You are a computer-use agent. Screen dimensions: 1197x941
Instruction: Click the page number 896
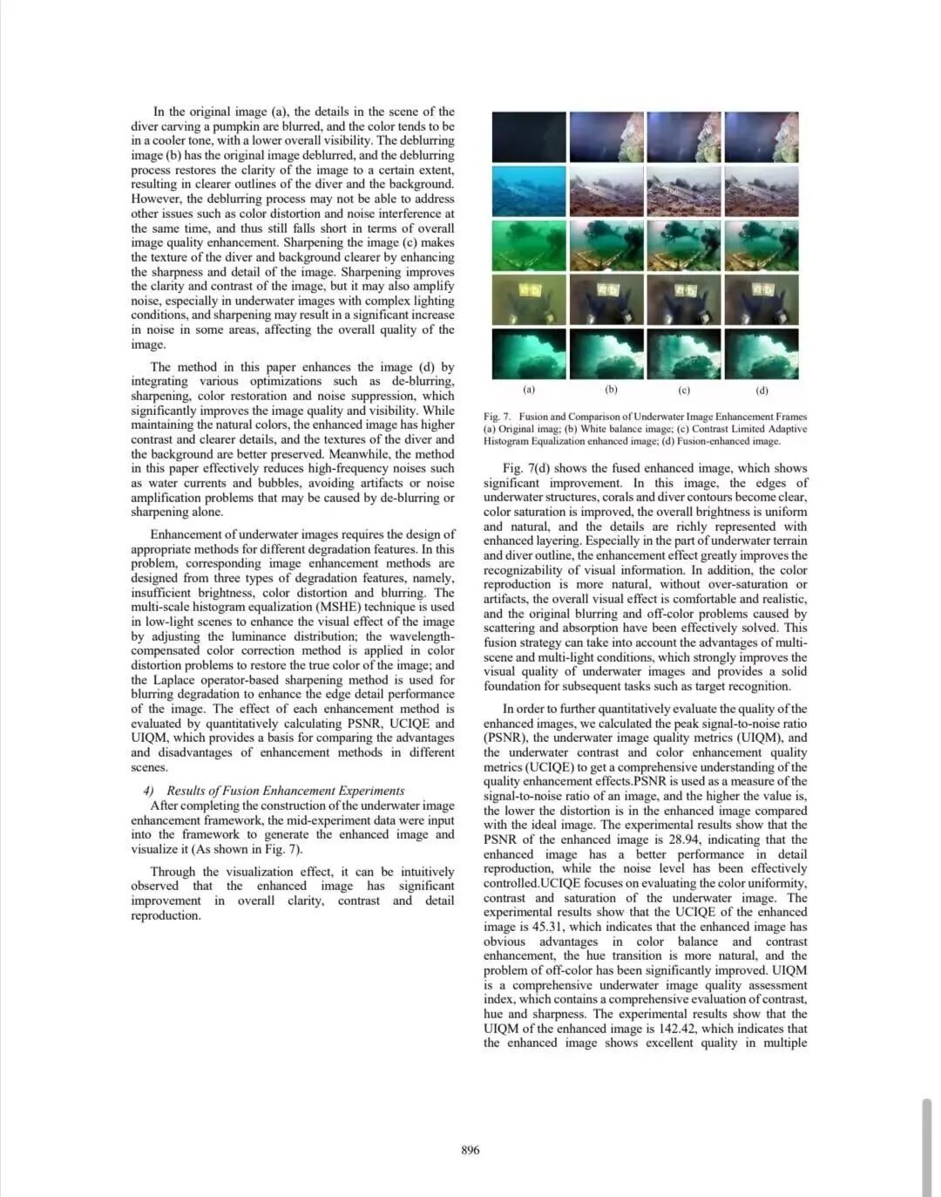click(x=470, y=1150)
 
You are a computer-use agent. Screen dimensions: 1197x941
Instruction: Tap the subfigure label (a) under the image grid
click(x=529, y=390)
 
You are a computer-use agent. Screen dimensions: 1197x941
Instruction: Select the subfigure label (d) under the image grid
click(x=762, y=390)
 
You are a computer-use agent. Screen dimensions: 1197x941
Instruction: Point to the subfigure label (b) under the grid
click(x=611, y=390)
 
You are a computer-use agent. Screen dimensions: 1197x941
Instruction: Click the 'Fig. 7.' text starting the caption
click(x=498, y=417)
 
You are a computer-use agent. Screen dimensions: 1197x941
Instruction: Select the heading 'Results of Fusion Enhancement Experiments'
click(x=285, y=791)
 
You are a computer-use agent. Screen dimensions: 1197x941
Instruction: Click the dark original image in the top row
click(x=529, y=137)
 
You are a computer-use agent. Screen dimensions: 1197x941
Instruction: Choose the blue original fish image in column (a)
click(x=529, y=191)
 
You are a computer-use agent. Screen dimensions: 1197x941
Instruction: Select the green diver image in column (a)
click(x=529, y=245)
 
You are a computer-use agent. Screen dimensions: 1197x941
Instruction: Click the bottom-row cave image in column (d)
click(x=762, y=353)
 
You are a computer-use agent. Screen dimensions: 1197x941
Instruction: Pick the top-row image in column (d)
click(x=762, y=137)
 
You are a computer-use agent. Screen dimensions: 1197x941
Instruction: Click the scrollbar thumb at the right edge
click(x=927, y=1146)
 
